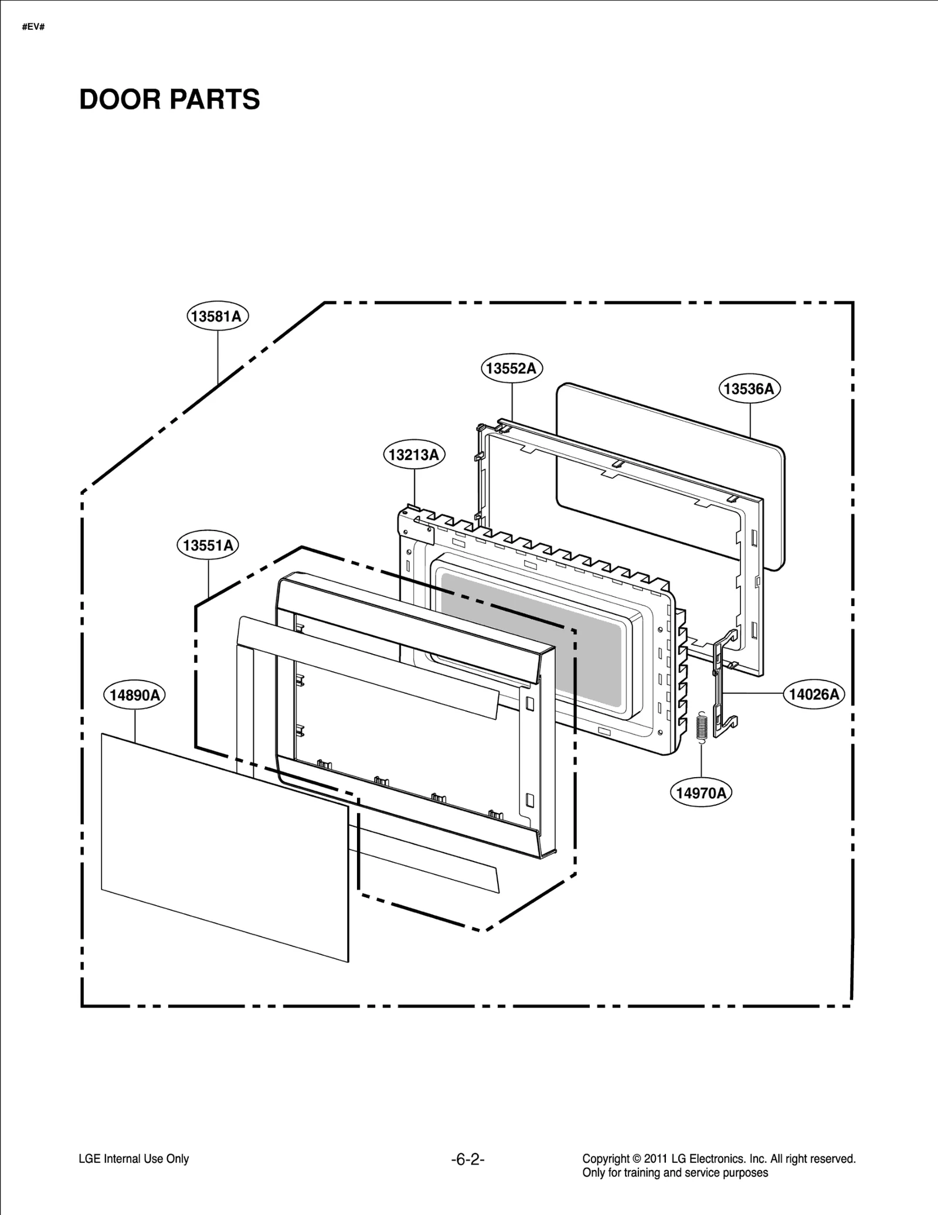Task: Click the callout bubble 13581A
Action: (217, 316)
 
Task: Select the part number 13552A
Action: (512, 369)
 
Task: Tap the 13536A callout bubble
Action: (749, 389)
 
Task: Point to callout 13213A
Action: (414, 455)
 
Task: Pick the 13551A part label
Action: (208, 546)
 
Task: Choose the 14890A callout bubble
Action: (135, 695)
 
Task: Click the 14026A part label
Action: (814, 695)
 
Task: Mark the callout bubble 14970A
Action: (701, 794)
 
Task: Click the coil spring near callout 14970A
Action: (701, 726)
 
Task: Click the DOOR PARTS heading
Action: (169, 100)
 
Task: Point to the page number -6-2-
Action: (468, 1159)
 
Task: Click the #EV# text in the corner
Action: (33, 28)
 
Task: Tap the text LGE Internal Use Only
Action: (134, 1159)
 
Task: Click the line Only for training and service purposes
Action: (675, 1173)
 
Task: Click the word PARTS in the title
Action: (215, 100)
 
